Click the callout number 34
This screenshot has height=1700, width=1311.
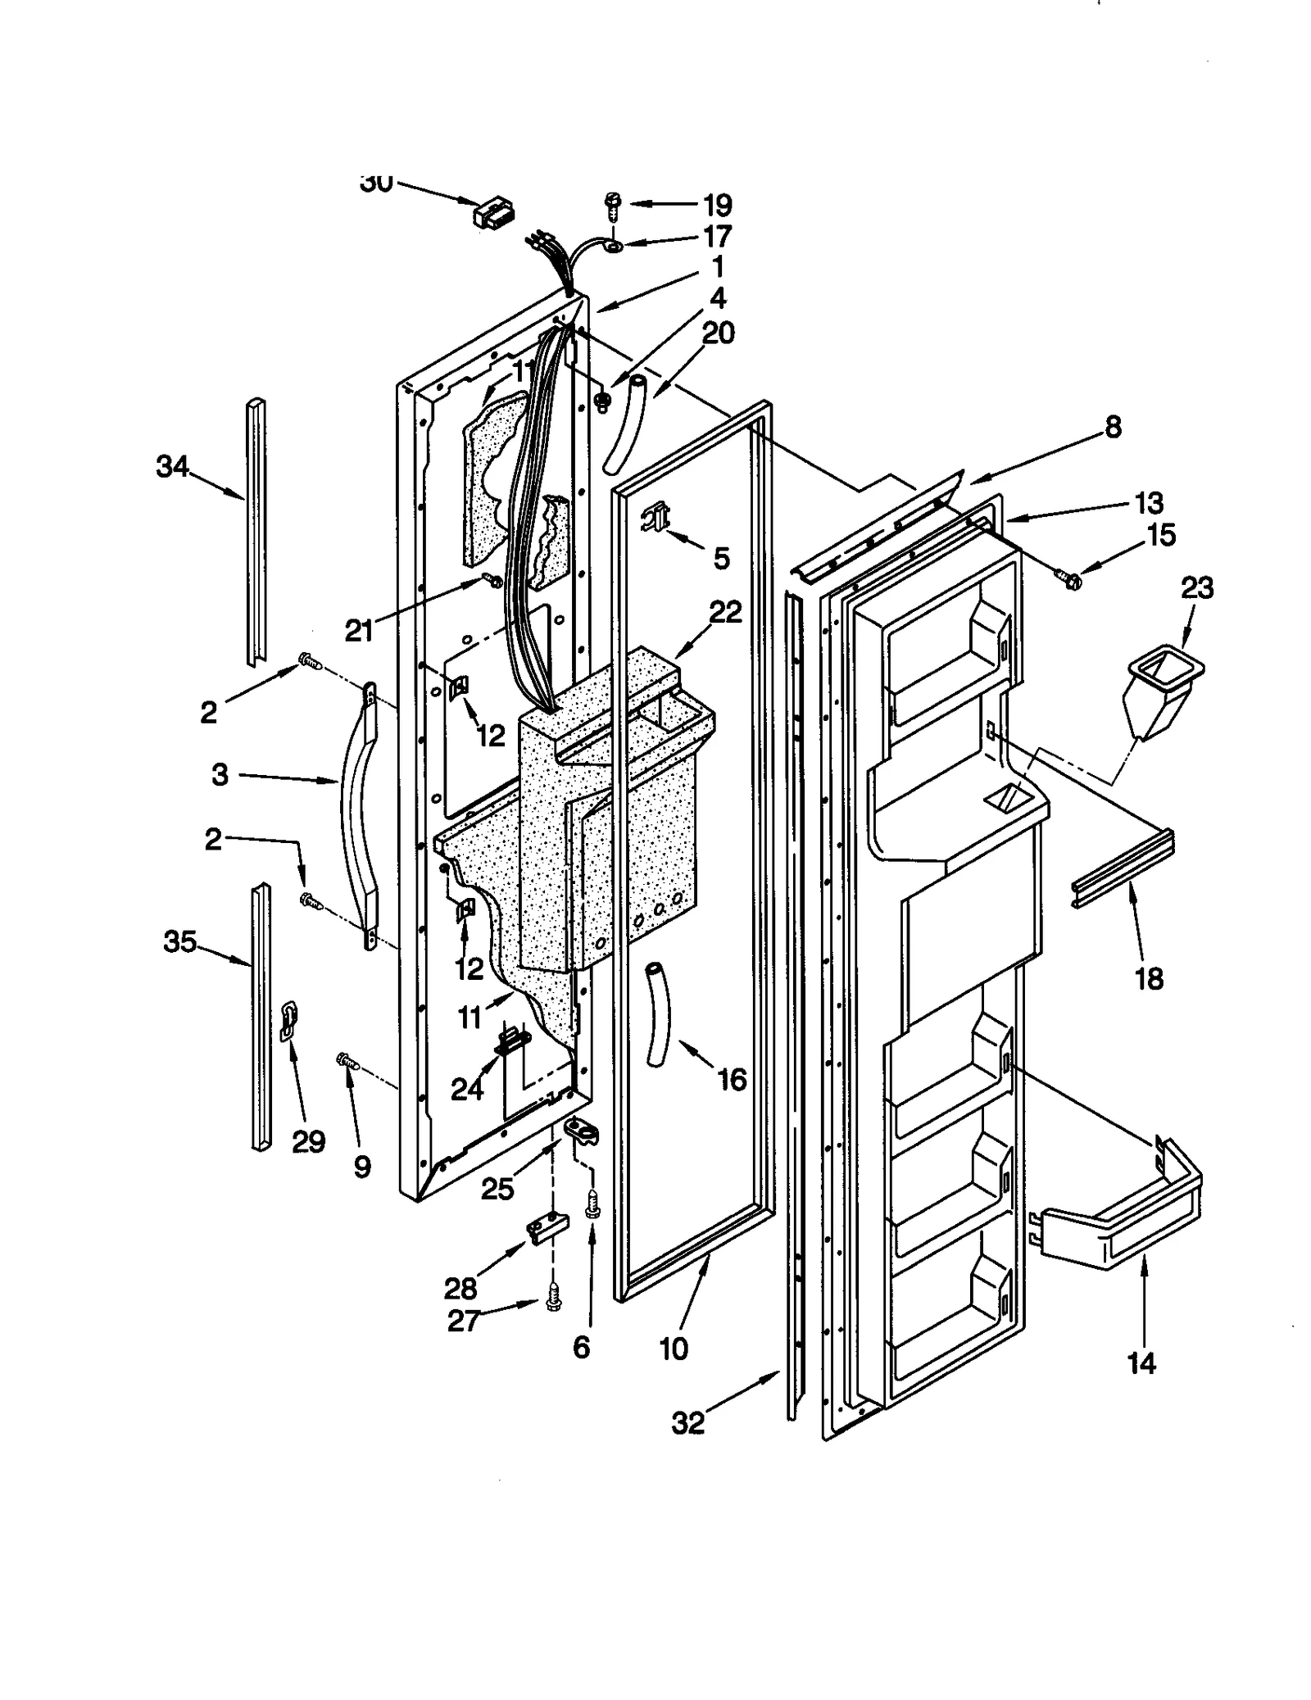pos(172,467)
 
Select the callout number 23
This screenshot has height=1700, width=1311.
pos(1197,588)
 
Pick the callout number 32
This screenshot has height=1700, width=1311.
pos(687,1424)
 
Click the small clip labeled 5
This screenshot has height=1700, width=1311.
pos(657,518)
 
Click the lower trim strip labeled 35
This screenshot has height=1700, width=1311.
pos(261,1016)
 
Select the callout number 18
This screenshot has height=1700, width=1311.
pos(1149,978)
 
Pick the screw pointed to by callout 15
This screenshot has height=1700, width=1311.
pos(1072,580)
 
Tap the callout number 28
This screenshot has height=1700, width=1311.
pos(460,1289)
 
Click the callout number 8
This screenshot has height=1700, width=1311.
pos(1113,427)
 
